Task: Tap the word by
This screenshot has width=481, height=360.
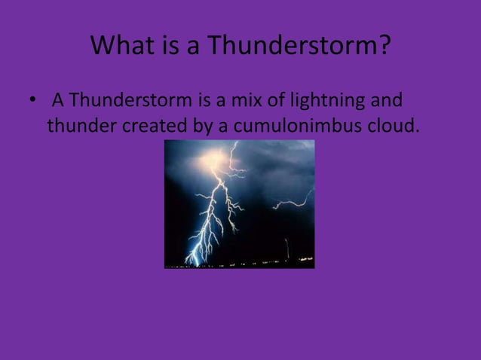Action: (x=204, y=126)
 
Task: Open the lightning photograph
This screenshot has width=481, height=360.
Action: (x=239, y=203)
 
